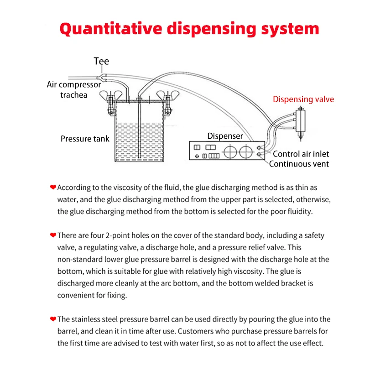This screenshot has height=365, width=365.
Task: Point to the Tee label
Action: click(101, 61)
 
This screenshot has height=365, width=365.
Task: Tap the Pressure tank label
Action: click(85, 138)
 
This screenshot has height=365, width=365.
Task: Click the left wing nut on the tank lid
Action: click(110, 95)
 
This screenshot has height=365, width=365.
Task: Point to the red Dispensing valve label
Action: click(303, 99)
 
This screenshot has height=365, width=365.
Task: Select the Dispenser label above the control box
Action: click(225, 136)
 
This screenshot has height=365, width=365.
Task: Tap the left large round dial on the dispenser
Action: click(230, 151)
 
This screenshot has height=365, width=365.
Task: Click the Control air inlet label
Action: click(301, 154)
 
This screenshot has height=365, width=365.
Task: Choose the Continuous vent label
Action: click(299, 164)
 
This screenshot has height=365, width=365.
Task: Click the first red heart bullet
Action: click(53, 187)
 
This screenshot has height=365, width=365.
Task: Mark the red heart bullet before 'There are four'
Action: click(53, 235)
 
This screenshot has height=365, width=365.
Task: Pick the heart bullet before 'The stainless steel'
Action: click(53, 319)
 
